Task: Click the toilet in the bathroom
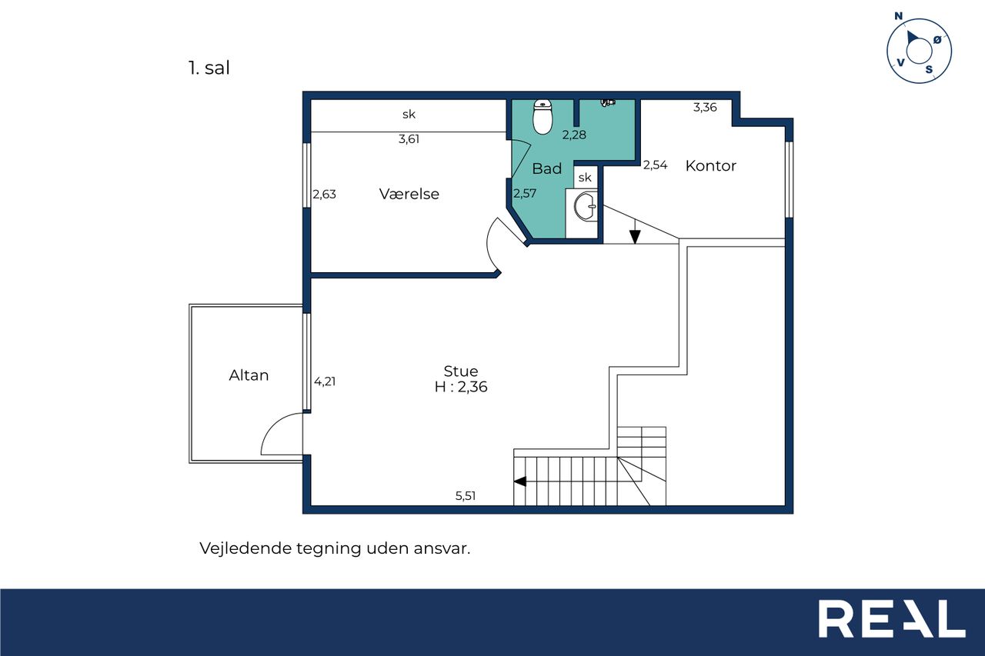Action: click(543, 116)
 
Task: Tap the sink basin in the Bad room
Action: click(586, 206)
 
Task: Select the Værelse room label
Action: click(409, 194)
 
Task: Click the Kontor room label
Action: click(710, 165)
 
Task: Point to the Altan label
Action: click(249, 375)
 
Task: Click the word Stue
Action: click(460, 371)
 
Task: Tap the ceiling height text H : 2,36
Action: click(461, 387)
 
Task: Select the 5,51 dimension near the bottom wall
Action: click(466, 495)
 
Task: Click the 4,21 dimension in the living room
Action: click(325, 381)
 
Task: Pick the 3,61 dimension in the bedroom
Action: click(409, 139)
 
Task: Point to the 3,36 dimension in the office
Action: click(705, 107)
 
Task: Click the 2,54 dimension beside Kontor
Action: click(655, 165)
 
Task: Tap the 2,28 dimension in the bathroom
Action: click(574, 135)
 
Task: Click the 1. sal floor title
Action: click(209, 68)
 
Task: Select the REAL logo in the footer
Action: click(892, 618)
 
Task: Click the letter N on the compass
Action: click(898, 16)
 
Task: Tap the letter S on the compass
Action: click(929, 69)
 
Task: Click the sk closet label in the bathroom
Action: click(585, 178)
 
